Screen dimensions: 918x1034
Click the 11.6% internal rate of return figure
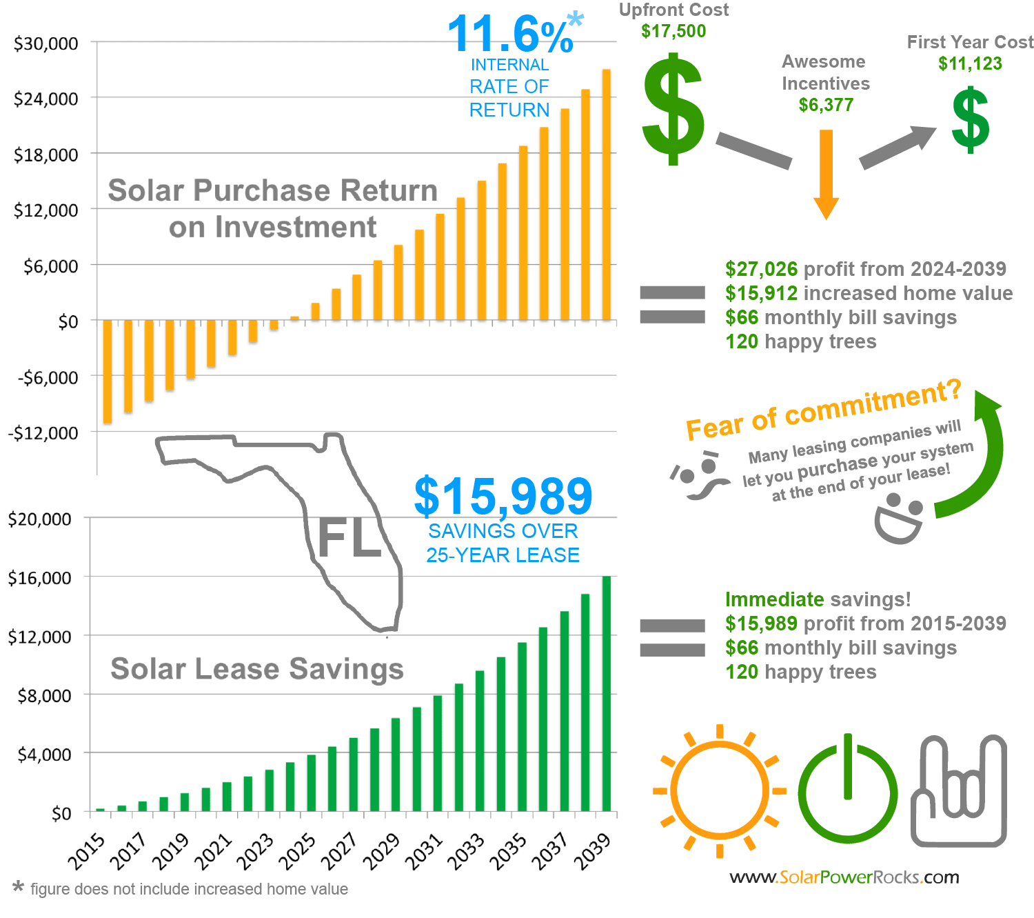pyautogui.click(x=510, y=34)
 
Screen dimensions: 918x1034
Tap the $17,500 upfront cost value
pyautogui.click(x=673, y=31)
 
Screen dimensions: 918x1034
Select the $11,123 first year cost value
pyautogui.click(x=970, y=63)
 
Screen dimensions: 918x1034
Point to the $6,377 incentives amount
pyautogui.click(x=826, y=105)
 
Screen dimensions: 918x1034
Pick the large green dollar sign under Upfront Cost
pyautogui.click(x=673, y=110)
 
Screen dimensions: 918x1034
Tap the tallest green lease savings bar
pyautogui.click(x=607, y=693)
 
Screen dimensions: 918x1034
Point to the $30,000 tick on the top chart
pyautogui.click(x=46, y=43)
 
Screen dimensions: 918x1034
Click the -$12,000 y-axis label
pyautogui.click(x=43, y=433)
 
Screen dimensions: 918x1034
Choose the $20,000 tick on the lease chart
pyautogui.click(x=39, y=519)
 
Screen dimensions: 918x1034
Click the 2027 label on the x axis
pyautogui.click(x=340, y=850)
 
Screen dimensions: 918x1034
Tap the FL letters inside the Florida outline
pyautogui.click(x=349, y=538)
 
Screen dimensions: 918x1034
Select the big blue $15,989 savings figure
pyautogui.click(x=503, y=496)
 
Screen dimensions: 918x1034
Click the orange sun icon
pyautogui.click(x=719, y=791)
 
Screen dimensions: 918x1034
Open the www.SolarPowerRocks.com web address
pyautogui.click(x=844, y=877)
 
